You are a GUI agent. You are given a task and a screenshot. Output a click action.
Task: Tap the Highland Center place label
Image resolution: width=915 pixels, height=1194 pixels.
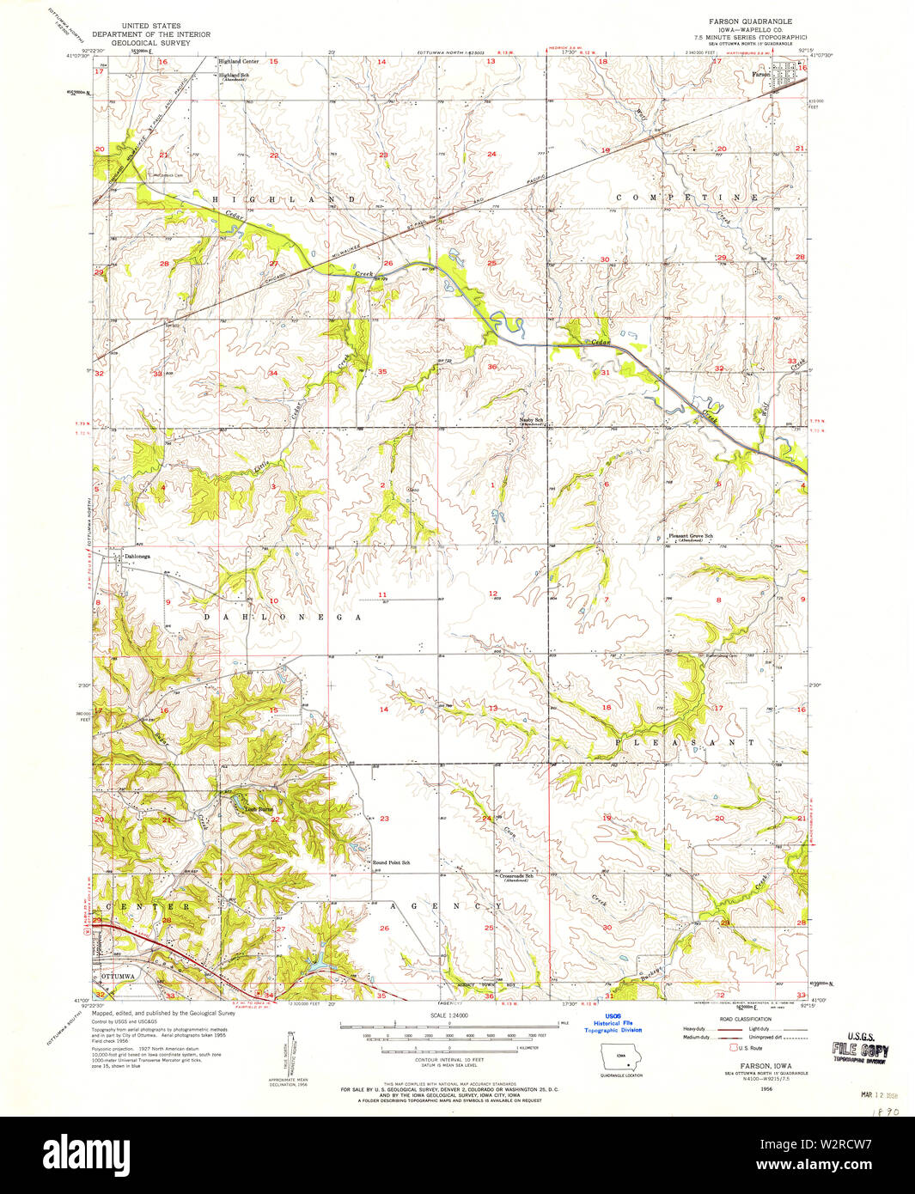[239, 62]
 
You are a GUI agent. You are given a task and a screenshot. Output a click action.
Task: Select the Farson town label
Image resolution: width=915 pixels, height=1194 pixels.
[760, 75]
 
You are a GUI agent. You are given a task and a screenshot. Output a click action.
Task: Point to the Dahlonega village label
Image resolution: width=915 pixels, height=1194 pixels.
[137, 557]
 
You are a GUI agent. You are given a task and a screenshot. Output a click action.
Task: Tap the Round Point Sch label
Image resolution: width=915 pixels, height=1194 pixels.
[391, 862]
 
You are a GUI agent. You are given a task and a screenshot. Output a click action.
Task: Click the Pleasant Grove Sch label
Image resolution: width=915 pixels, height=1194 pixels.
[692, 537]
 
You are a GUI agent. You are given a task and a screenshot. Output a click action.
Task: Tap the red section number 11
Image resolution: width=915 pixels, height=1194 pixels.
[382, 594]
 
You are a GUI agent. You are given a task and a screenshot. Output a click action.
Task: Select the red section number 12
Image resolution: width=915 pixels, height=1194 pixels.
[493, 594]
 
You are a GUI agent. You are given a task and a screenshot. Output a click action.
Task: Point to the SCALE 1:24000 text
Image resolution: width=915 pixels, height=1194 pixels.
[456, 1015]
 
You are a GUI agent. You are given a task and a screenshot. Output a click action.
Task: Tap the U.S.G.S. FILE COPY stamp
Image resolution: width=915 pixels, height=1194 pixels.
[860, 1051]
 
